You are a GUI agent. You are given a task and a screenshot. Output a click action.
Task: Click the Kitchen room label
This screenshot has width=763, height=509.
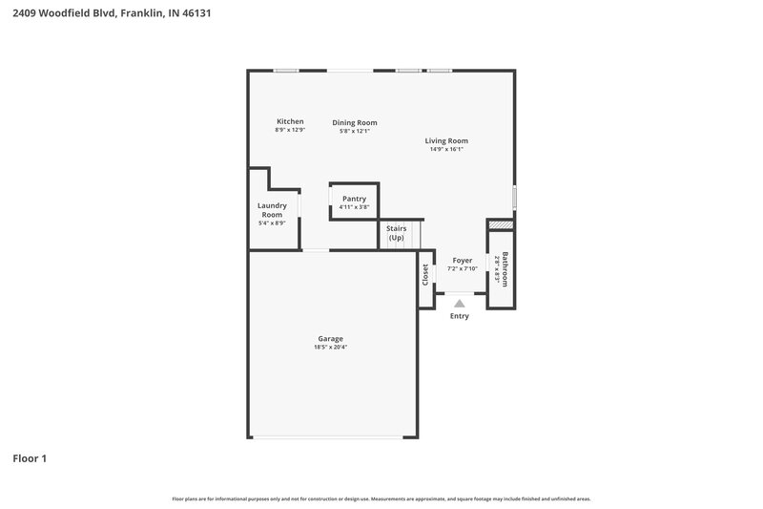tap(290, 121)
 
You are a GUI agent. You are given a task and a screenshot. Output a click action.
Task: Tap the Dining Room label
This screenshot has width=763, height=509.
tap(354, 122)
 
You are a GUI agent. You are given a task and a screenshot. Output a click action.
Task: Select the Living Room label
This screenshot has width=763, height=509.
tap(446, 140)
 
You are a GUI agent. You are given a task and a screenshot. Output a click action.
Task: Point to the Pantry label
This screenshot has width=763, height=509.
tap(354, 199)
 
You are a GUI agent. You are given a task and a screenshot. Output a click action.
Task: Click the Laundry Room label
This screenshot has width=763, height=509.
tap(272, 210)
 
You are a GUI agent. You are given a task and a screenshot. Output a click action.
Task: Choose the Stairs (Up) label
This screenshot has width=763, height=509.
tap(396, 232)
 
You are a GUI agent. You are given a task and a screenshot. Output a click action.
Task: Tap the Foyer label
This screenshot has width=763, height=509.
tap(462, 260)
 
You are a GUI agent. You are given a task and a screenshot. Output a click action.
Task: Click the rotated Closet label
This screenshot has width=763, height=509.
tap(425, 274)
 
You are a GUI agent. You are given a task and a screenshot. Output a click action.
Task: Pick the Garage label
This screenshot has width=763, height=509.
tap(331, 338)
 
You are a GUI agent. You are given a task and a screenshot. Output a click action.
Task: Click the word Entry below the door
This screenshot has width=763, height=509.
tap(460, 316)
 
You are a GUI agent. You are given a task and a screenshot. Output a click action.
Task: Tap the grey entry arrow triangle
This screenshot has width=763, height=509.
tap(460, 303)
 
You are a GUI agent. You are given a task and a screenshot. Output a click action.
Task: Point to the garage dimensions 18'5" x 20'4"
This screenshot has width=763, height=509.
tap(331, 347)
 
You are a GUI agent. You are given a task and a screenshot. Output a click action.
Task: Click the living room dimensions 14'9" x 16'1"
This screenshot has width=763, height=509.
tap(446, 149)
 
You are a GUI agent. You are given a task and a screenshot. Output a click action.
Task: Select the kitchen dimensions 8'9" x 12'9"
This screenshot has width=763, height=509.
tap(290, 130)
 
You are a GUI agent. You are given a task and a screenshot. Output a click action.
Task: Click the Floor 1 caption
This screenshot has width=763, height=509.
tap(30, 458)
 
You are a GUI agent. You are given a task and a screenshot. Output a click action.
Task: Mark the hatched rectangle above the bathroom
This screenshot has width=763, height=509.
tap(501, 225)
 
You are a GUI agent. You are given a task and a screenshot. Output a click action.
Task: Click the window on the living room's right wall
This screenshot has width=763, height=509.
tap(514, 197)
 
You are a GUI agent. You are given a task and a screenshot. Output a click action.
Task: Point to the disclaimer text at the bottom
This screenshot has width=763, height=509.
tap(381, 498)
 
